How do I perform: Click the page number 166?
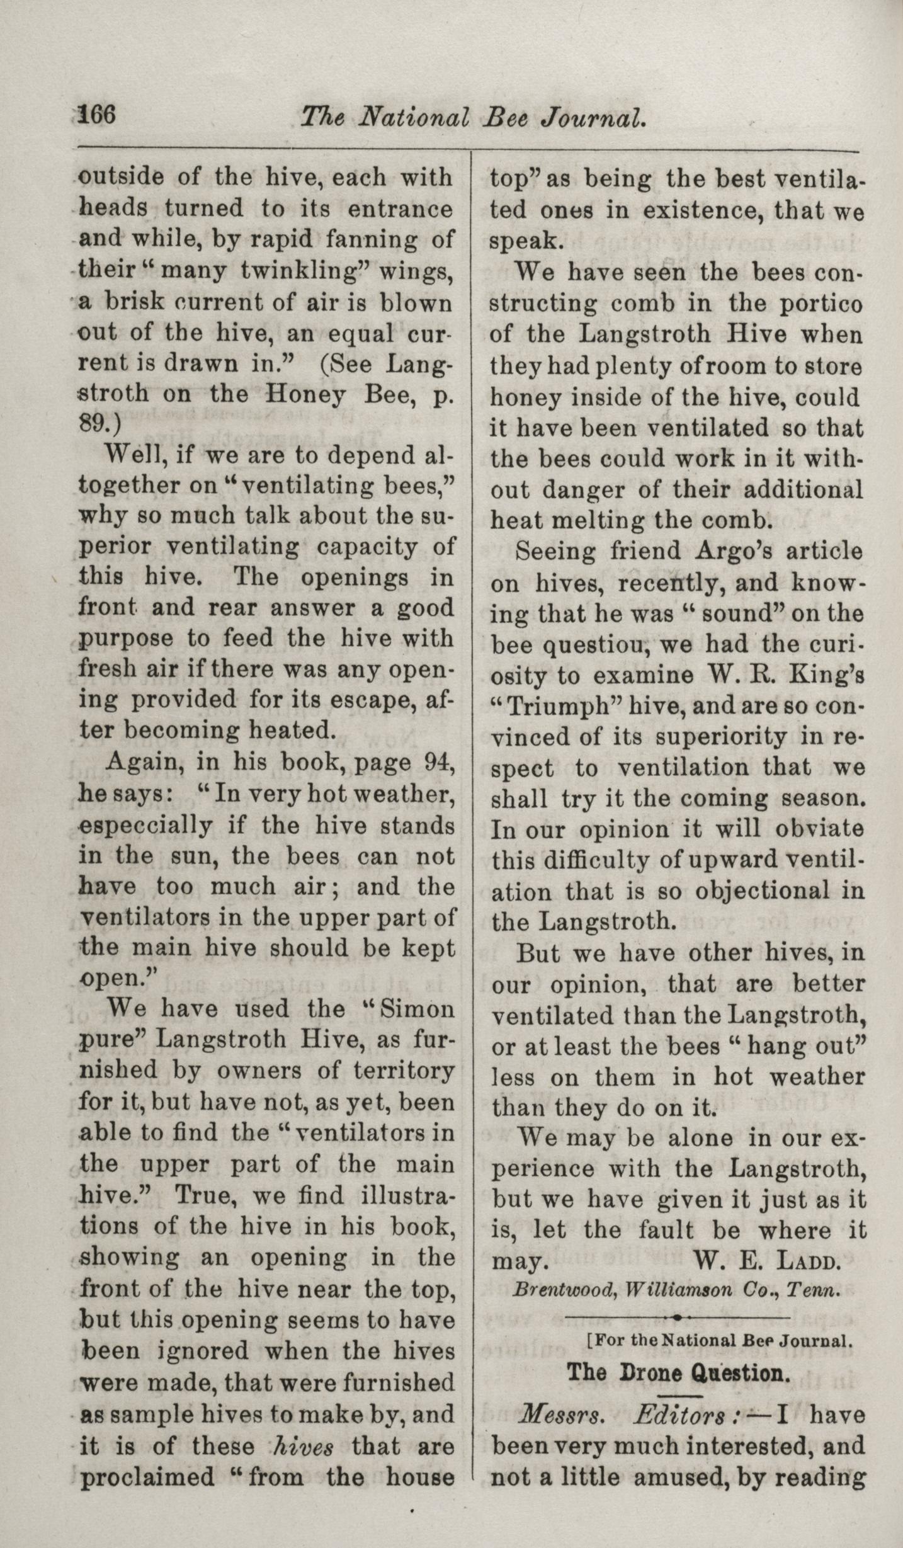pyautogui.click(x=97, y=117)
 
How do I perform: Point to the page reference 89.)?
pyautogui.click(x=101, y=424)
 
